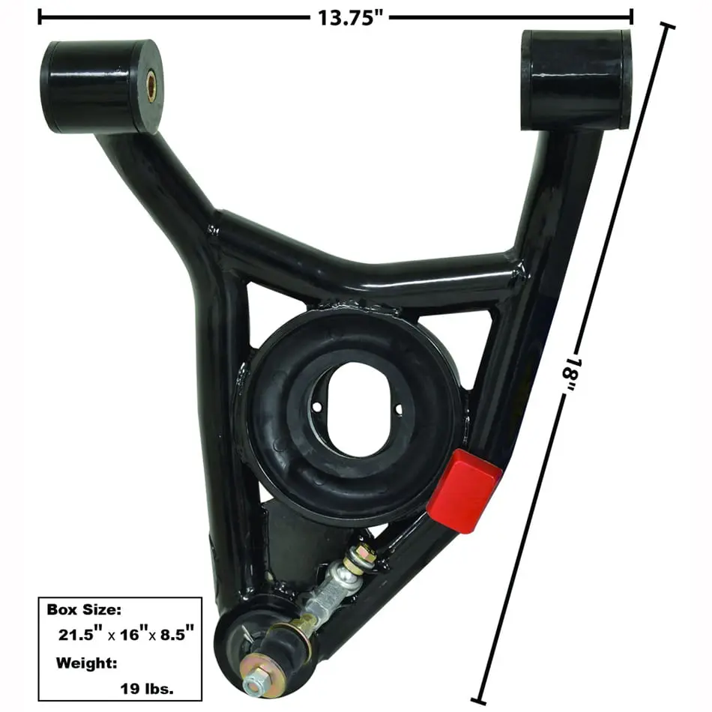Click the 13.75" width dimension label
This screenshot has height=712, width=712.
coord(351,18)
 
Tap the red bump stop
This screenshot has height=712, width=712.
coord(464,491)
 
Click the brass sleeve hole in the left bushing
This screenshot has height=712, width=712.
coord(151,85)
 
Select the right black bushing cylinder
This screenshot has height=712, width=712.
coord(576,80)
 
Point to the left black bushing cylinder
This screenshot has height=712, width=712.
coord(102,87)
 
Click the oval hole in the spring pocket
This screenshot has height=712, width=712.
coord(357,409)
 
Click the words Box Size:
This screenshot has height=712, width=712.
coord(84,609)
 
